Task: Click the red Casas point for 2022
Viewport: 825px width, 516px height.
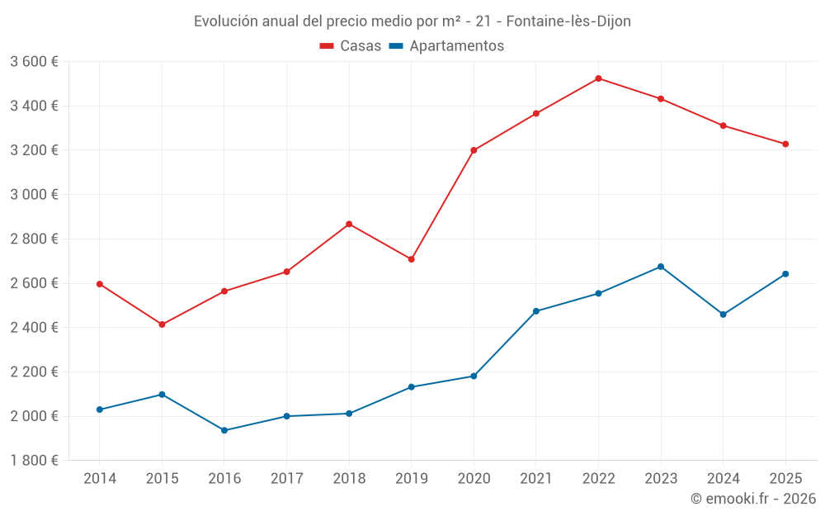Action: click(598, 78)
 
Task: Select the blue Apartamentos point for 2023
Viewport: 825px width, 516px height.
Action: click(661, 267)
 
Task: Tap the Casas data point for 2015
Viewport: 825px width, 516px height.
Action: click(162, 324)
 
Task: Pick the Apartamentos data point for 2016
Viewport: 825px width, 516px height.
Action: click(224, 430)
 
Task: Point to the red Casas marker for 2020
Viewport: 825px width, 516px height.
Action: click(474, 150)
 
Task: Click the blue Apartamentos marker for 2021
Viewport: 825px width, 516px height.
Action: click(536, 311)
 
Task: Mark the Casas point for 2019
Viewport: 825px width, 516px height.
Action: click(411, 259)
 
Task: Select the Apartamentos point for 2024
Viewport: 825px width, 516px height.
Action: click(724, 315)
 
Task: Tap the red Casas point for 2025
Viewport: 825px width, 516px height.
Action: click(785, 144)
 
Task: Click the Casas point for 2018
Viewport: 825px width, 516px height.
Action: click(349, 224)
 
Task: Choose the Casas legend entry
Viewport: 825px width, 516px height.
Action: click(351, 46)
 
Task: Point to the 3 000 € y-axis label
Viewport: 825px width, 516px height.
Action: click(34, 194)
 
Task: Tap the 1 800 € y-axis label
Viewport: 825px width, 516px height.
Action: click(34, 460)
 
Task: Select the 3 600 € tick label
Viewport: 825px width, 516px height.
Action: click(34, 61)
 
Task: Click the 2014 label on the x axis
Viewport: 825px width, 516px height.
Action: click(100, 478)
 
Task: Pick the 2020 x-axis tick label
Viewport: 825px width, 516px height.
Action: click(474, 478)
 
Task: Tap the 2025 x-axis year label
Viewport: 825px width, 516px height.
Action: click(785, 478)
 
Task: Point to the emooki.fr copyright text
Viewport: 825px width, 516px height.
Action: click(753, 499)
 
